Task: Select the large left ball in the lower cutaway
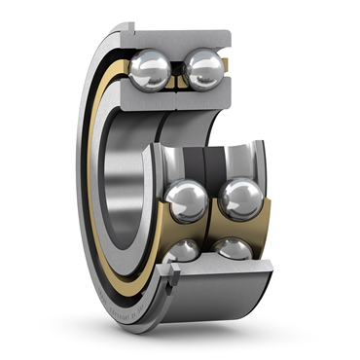click(185, 200)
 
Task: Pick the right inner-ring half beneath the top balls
click(204, 100)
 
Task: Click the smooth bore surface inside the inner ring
click(126, 185)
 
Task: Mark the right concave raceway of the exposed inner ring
click(237, 161)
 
